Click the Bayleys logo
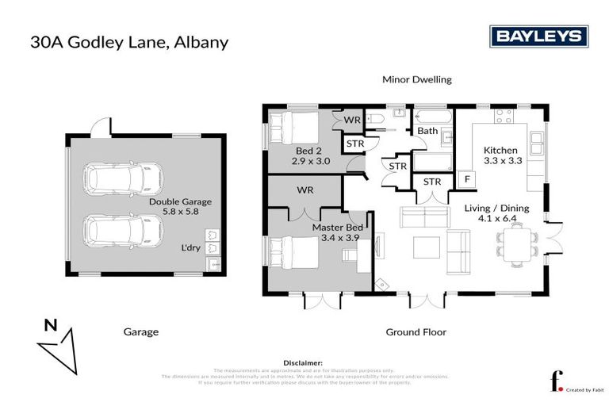click(x=538, y=36)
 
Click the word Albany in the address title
click(x=199, y=41)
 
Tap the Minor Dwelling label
click(x=416, y=80)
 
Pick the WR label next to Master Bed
click(x=306, y=191)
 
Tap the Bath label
click(x=427, y=131)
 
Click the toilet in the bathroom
click(x=379, y=121)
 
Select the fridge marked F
click(x=467, y=180)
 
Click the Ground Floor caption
click(x=416, y=332)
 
